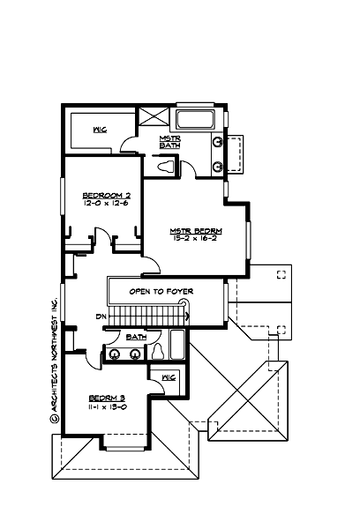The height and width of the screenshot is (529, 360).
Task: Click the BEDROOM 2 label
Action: pyautogui.click(x=106, y=195)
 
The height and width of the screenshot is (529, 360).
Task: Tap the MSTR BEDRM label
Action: pyautogui.click(x=195, y=231)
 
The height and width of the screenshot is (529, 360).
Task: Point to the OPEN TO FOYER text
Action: pyautogui.click(x=161, y=291)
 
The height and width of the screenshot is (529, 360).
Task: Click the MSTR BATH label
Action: pyautogui.click(x=170, y=142)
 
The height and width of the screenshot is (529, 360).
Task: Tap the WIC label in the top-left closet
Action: pyautogui.click(x=100, y=130)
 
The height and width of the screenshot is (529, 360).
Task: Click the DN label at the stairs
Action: pyautogui.click(x=101, y=316)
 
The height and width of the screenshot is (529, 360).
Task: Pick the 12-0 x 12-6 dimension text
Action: pyautogui.click(x=106, y=203)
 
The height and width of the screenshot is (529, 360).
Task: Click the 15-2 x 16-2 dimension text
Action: pyautogui.click(x=195, y=239)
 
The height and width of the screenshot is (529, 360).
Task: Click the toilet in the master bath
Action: pyautogui.click(x=165, y=165)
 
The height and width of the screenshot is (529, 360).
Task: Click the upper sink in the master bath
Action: pyautogui.click(x=217, y=142)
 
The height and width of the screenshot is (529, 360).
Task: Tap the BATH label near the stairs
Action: pyautogui.click(x=135, y=337)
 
